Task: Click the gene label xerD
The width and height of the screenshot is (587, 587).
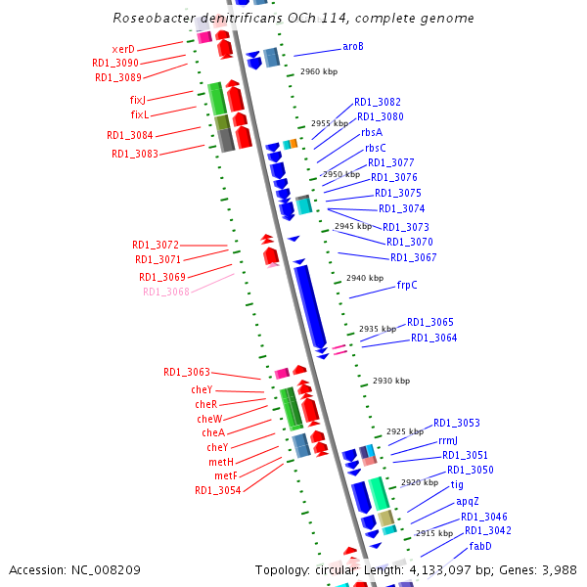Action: point(123,49)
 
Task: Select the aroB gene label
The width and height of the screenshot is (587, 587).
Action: point(353,46)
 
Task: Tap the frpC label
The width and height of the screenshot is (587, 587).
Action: point(407,286)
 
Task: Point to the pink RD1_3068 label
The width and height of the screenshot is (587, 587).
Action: point(166,292)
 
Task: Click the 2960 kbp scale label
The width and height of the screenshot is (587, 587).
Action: point(318,71)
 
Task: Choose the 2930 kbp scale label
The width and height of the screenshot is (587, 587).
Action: point(390,381)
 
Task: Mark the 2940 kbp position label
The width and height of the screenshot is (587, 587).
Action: point(364,279)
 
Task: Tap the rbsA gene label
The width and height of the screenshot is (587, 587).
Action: point(372,132)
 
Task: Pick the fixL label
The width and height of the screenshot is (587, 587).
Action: point(139,114)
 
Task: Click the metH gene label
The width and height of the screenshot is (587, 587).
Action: point(220,462)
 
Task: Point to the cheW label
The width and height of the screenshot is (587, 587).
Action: point(210,419)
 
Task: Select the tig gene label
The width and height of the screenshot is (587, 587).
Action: point(457,484)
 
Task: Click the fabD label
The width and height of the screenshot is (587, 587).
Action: point(480,546)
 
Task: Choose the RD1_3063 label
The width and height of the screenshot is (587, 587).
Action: point(187,372)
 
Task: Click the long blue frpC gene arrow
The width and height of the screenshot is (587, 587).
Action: point(310,303)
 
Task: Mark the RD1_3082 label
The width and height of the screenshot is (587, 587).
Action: point(378,102)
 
